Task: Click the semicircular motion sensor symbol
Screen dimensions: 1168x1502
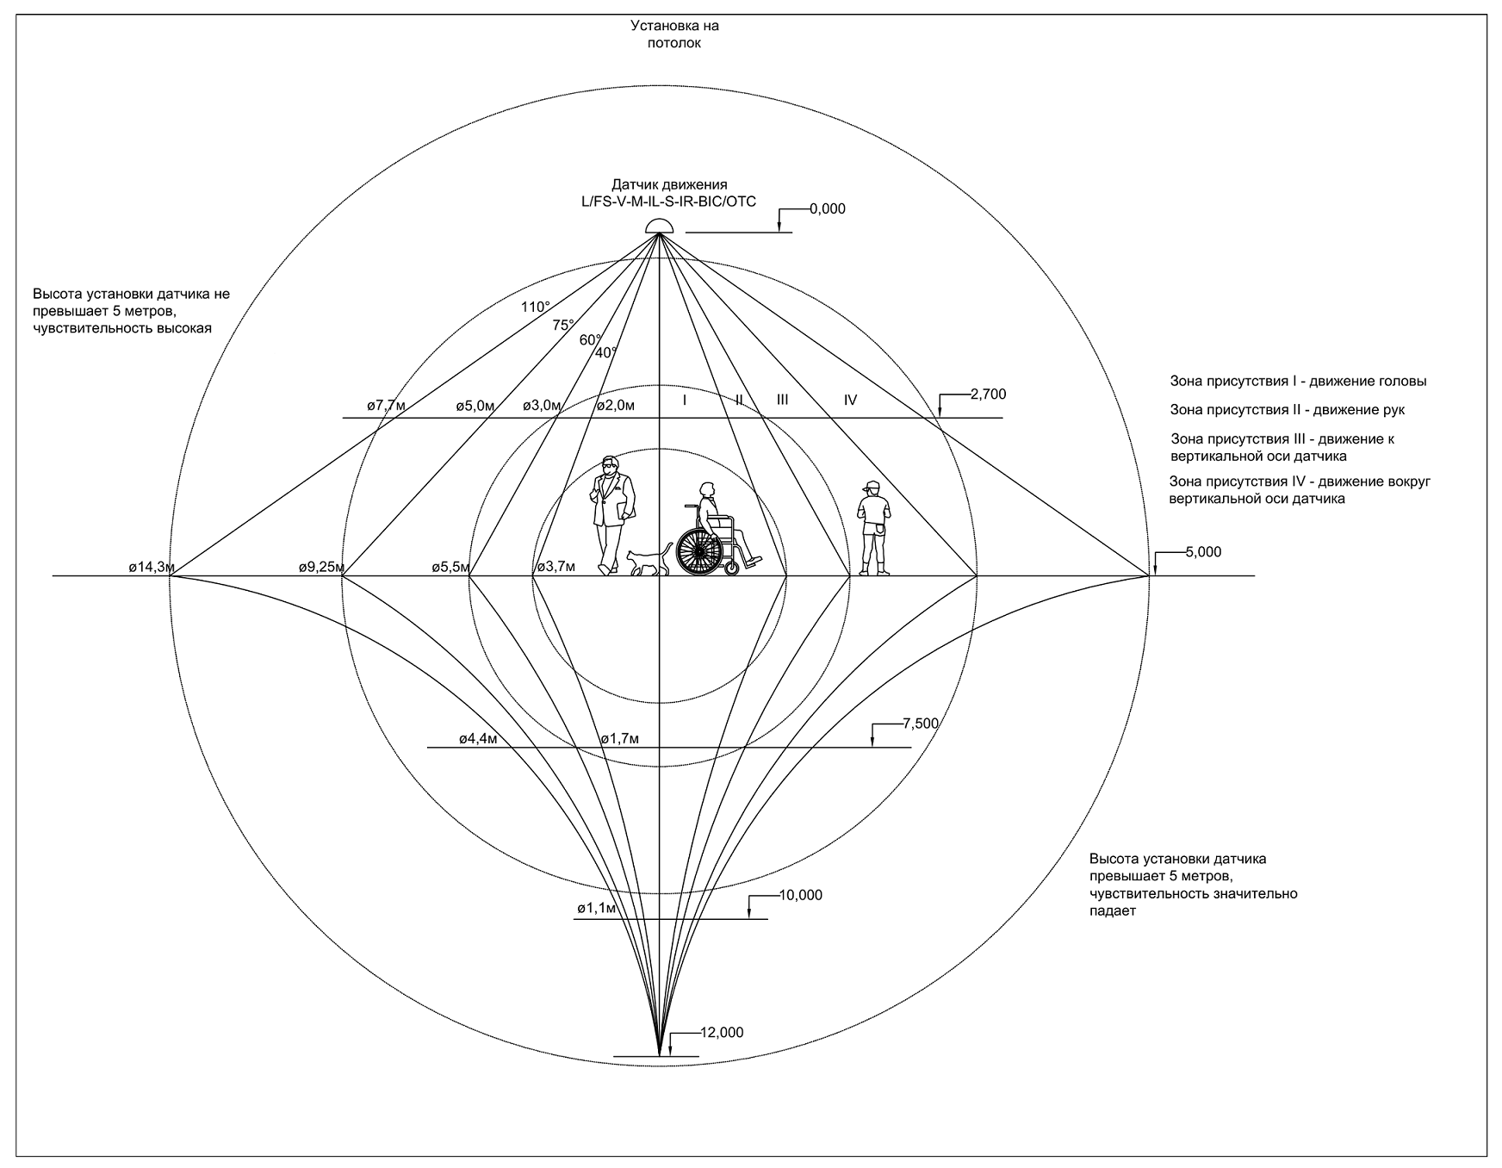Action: pos(659,227)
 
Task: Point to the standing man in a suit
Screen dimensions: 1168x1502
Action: pos(613,514)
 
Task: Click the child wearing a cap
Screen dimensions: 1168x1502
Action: pos(875,530)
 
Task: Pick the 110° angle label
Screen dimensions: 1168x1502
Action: pos(535,307)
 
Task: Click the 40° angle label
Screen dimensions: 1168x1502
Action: pos(605,352)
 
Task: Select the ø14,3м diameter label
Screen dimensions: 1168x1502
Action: pos(152,567)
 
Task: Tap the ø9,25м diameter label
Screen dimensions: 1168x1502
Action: pos(322,567)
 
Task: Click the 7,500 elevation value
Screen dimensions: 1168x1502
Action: pos(920,724)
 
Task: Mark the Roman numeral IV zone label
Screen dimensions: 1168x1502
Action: pos(850,400)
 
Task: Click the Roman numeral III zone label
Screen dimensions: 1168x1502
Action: pos(782,400)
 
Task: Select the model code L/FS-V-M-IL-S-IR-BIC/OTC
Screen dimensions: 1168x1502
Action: pos(669,202)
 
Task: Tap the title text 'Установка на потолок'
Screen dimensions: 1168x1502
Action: pos(673,34)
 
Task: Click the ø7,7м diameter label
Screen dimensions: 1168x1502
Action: pos(386,405)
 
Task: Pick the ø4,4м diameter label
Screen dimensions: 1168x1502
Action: pos(478,738)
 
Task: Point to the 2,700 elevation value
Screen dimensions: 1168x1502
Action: pos(988,395)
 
